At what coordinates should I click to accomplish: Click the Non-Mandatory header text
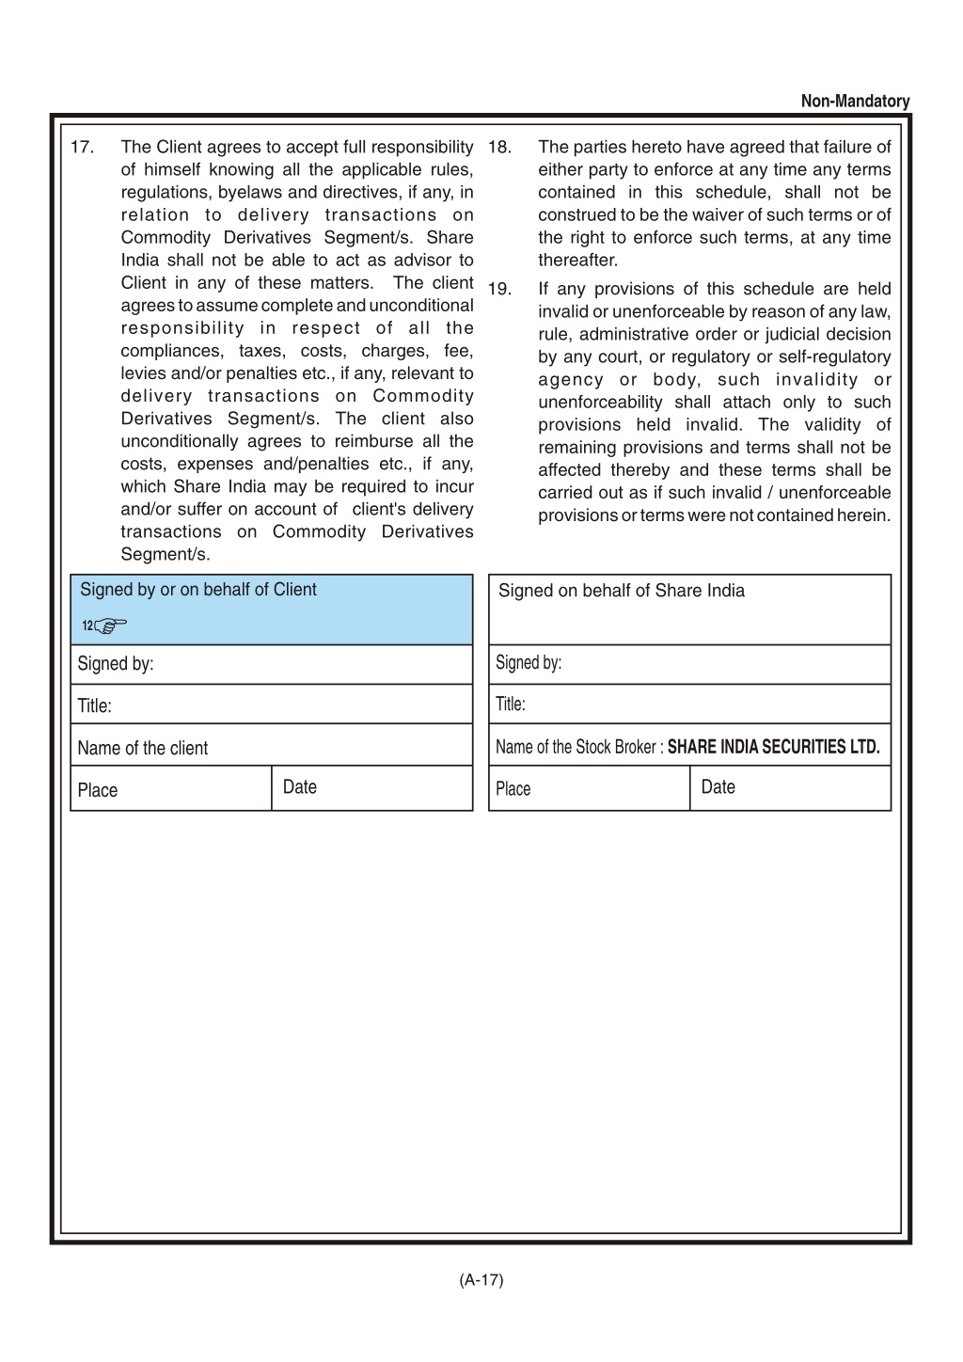point(855,102)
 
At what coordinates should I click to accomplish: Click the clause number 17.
point(82,148)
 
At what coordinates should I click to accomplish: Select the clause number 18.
point(499,148)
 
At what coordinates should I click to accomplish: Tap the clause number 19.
point(499,290)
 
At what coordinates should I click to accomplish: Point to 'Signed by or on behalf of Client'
point(197,590)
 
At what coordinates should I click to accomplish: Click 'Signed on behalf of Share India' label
point(621,591)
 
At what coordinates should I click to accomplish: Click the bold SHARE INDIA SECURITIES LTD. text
point(773,748)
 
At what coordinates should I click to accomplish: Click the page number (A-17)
point(481,1279)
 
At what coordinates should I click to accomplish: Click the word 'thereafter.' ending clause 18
point(577,261)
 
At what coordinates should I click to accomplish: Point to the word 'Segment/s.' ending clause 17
point(165,555)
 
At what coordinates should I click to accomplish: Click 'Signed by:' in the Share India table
point(529,663)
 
